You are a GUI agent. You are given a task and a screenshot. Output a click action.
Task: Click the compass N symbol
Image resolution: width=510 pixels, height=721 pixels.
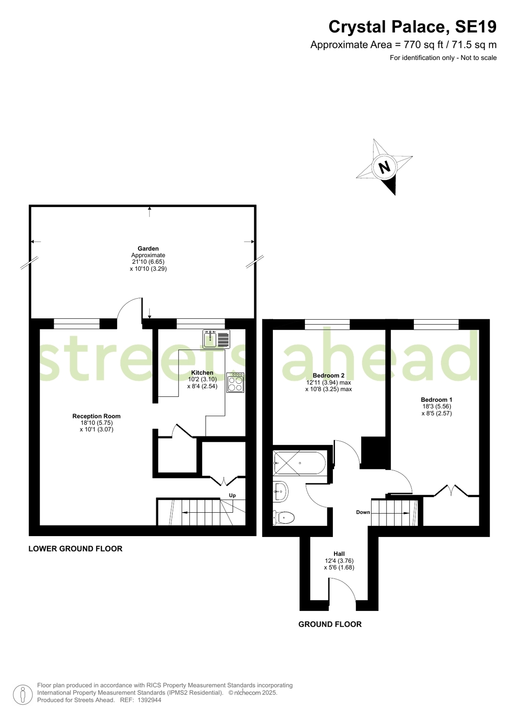click(x=384, y=168)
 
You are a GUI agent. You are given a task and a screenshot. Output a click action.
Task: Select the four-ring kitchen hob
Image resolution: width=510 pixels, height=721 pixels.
click(x=235, y=383)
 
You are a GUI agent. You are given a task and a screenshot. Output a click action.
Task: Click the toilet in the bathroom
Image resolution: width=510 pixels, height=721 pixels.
click(x=284, y=517)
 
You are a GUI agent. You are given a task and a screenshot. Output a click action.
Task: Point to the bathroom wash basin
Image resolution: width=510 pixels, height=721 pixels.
click(x=280, y=491)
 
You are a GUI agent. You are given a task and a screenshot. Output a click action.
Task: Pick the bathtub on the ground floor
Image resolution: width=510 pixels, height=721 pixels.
click(x=299, y=463)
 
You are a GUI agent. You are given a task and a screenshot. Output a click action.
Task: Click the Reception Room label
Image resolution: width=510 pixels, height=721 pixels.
click(x=96, y=416)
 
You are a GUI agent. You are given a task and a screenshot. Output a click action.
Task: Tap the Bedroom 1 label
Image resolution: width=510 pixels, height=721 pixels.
click(x=436, y=400)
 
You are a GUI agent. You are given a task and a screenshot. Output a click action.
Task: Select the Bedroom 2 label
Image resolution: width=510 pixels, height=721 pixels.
click(x=328, y=376)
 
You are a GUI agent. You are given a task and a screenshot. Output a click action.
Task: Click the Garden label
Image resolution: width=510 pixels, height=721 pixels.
click(x=148, y=248)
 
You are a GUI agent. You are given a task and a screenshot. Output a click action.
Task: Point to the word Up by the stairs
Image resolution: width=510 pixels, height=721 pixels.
click(x=232, y=496)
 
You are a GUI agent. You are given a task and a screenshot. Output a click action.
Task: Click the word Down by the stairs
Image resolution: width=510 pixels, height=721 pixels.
click(x=363, y=512)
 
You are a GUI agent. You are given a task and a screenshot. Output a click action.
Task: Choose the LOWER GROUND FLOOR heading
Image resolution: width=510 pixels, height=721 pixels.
click(x=75, y=549)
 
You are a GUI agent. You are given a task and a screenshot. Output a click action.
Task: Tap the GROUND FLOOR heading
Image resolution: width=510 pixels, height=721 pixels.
click(x=330, y=624)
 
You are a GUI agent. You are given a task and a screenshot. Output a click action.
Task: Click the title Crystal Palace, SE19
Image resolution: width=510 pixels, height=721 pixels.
click(x=412, y=27)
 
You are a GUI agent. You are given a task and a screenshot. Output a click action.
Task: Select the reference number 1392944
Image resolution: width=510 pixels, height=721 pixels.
click(x=149, y=700)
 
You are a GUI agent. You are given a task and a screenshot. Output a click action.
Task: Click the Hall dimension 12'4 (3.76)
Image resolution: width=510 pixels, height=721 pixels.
click(x=339, y=561)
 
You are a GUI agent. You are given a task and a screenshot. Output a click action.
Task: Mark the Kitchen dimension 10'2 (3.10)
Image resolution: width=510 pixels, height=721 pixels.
click(x=202, y=379)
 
